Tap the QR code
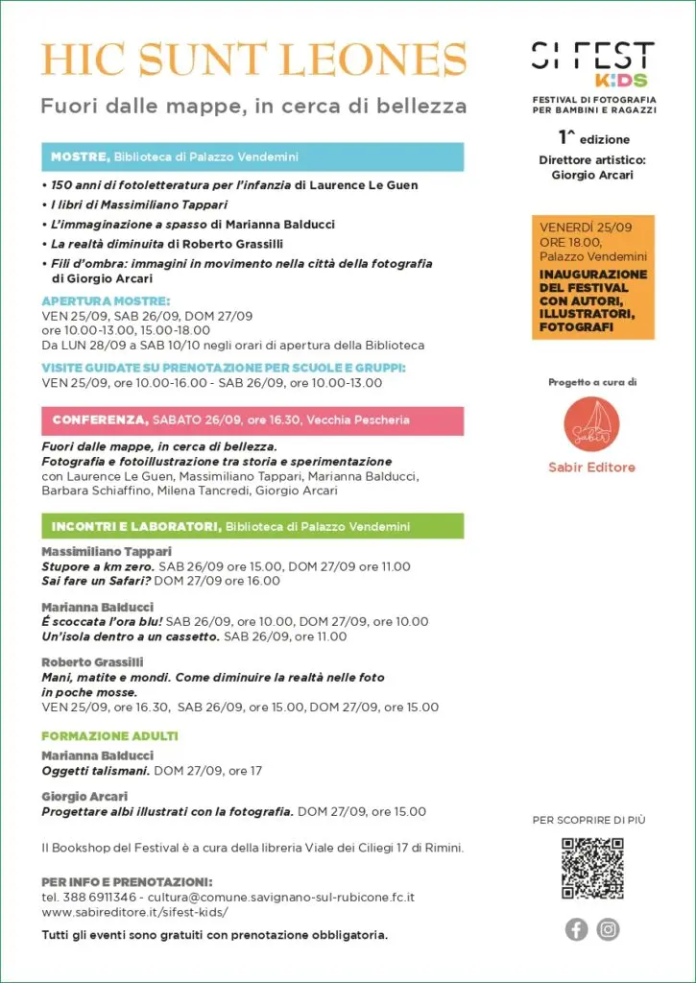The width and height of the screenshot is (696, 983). click(x=592, y=869)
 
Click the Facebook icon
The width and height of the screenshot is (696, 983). click(x=576, y=929)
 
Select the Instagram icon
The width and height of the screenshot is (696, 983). click(x=609, y=929)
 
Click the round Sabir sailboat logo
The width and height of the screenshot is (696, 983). click(x=592, y=424)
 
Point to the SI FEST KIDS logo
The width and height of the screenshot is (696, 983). click(x=592, y=65)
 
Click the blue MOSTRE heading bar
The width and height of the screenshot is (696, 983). click(x=252, y=156)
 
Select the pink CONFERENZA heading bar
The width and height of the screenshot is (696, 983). click(x=252, y=420)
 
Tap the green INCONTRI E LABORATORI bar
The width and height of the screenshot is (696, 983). click(x=252, y=526)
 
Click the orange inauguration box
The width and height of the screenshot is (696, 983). click(x=592, y=277)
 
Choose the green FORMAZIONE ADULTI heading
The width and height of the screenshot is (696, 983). click(x=97, y=736)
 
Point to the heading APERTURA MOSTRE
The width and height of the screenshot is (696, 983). click(x=106, y=300)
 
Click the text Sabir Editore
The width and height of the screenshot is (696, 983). click(x=592, y=468)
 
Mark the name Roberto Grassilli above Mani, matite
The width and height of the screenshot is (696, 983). click(x=92, y=662)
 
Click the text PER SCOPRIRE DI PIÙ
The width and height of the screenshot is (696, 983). click(x=591, y=819)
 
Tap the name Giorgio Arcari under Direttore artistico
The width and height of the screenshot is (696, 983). click(x=592, y=176)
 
